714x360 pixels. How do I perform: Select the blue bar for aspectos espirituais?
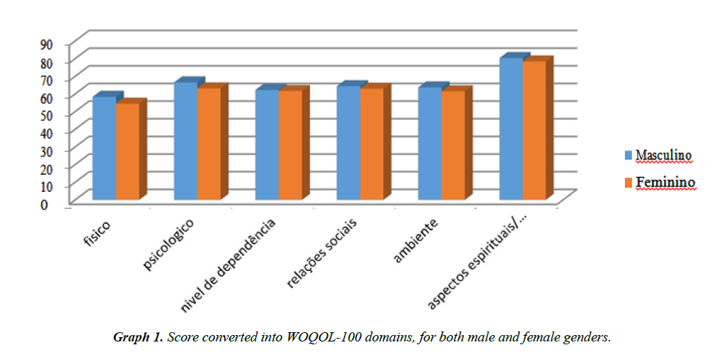coord(511,128)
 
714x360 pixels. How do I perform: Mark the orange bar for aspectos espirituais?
coord(534,130)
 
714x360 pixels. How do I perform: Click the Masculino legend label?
coord(663,155)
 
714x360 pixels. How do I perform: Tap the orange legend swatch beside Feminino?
coord(628,183)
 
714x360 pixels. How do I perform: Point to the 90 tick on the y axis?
coord(46,44)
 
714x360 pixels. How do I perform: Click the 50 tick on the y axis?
coord(46,115)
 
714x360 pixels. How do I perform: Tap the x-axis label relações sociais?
coord(322,252)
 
